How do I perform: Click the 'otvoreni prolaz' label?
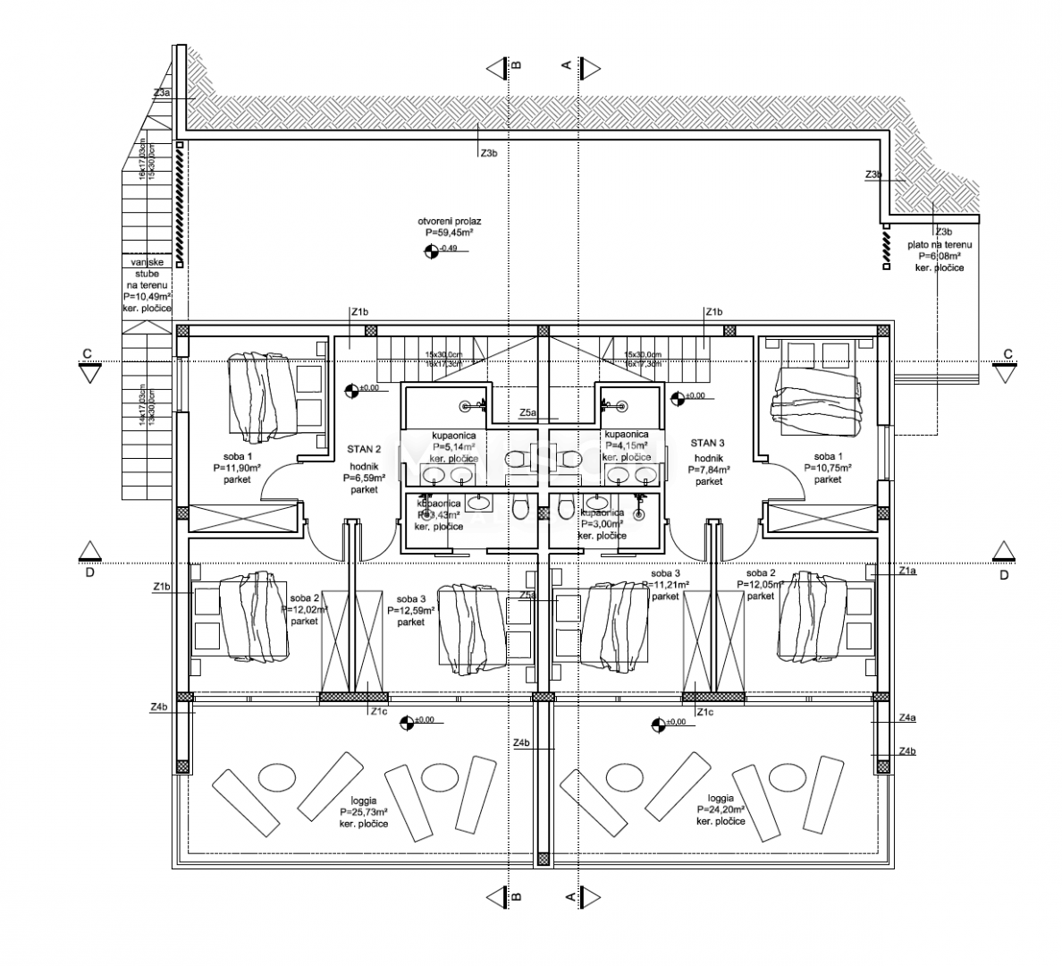[450, 220]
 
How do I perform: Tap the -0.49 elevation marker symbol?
[431, 250]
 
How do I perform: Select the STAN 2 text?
[364, 450]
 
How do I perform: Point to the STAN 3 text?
[707, 442]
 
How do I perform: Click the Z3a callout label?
[162, 93]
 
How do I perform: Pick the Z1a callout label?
[907, 570]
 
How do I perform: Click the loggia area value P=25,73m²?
[364, 812]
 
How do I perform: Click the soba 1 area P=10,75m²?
[828, 468]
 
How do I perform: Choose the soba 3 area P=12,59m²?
[411, 611]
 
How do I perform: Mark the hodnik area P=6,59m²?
[364, 479]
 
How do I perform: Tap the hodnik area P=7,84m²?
[709, 469]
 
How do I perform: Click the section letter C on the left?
[87, 353]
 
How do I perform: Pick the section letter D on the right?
[1004, 575]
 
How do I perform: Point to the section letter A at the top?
[566, 64]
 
